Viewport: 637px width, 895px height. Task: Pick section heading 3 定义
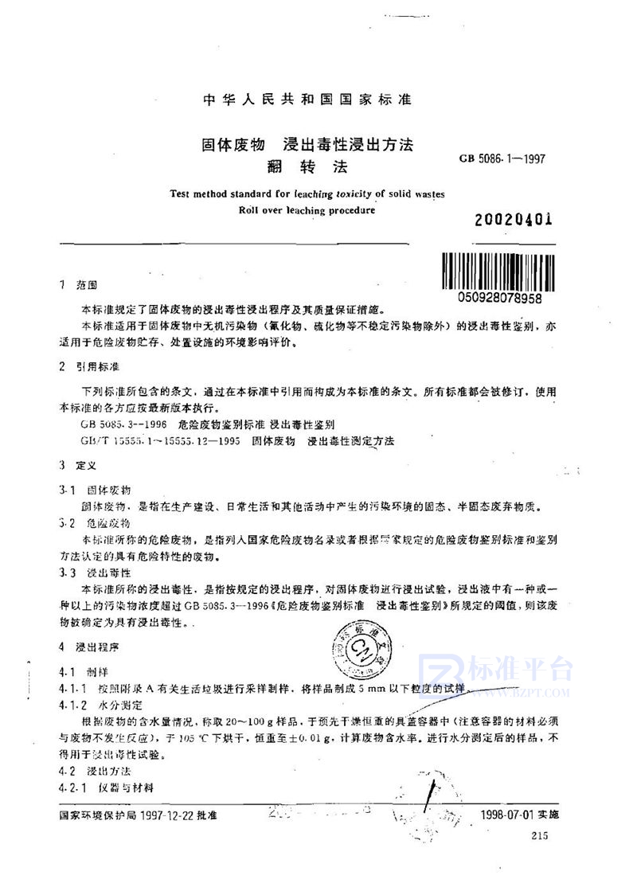[77, 464]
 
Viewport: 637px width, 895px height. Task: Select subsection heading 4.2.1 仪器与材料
[106, 787]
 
